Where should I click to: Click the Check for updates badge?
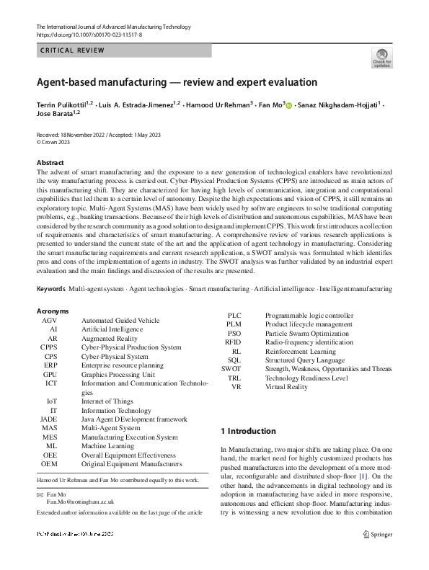point(381,58)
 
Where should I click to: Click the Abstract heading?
point(50,163)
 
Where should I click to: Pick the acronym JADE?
point(48,418)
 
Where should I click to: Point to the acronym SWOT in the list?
point(231,369)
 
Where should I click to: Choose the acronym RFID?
point(232,342)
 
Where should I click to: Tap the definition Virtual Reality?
point(286,387)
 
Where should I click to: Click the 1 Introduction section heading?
point(247,431)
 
